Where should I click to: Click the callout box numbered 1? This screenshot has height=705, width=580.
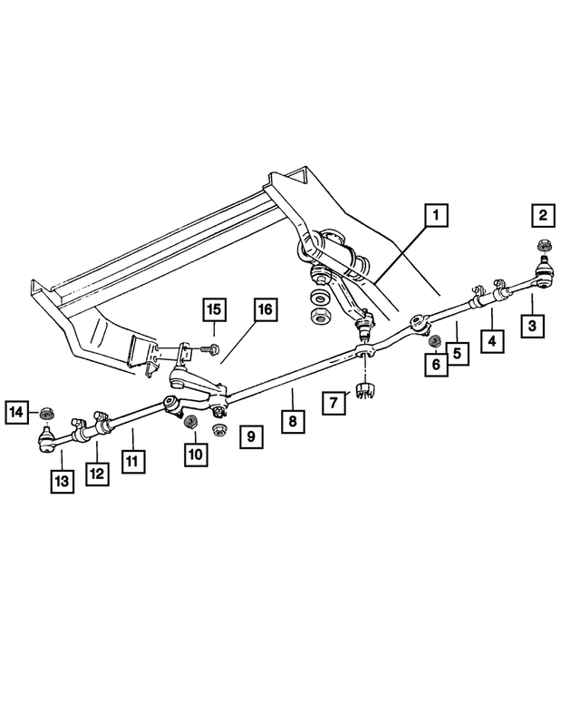coord(436,216)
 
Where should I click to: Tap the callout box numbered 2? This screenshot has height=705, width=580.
coord(543,216)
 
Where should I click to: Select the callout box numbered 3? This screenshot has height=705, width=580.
coord(533,323)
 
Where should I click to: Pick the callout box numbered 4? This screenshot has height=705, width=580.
coord(492,342)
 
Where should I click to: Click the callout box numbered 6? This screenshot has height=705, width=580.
coord(435,363)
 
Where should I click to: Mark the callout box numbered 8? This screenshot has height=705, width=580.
coord(292,420)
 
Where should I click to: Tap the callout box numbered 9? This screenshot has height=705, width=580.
coord(252,436)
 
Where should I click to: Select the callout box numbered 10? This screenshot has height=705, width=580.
coord(193,453)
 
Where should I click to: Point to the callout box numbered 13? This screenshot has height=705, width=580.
coord(61,481)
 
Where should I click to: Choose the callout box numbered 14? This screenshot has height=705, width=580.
coord(16,413)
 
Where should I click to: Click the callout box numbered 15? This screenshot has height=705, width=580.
coord(213,310)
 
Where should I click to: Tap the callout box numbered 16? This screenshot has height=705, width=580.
coord(263,310)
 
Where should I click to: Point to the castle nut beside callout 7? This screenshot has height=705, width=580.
coord(367,392)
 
